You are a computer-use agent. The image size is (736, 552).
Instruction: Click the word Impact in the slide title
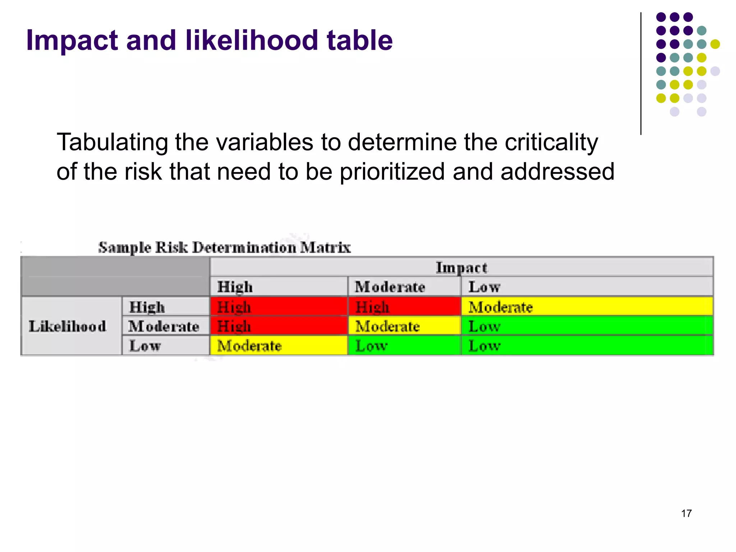pyautogui.click(x=72, y=41)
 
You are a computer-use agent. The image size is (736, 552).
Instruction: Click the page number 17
pyautogui.click(x=686, y=513)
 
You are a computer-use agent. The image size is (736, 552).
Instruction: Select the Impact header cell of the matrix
pyautogui.click(x=461, y=267)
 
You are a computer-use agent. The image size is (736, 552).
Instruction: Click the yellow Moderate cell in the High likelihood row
pyautogui.click(x=587, y=307)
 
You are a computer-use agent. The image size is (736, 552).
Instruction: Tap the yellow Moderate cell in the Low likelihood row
pyautogui.click(x=279, y=346)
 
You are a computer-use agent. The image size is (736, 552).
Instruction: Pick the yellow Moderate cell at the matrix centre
pyautogui.click(x=404, y=326)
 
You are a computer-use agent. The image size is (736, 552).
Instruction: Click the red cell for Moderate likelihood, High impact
pyautogui.click(x=279, y=326)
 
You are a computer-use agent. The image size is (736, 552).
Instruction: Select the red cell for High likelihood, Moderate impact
pyautogui.click(x=404, y=307)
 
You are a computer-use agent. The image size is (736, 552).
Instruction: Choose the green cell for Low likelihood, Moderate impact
pyautogui.click(x=404, y=346)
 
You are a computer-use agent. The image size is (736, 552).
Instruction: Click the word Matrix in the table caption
pyautogui.click(x=325, y=247)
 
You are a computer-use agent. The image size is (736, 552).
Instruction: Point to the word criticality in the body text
pyautogui.click(x=551, y=143)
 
